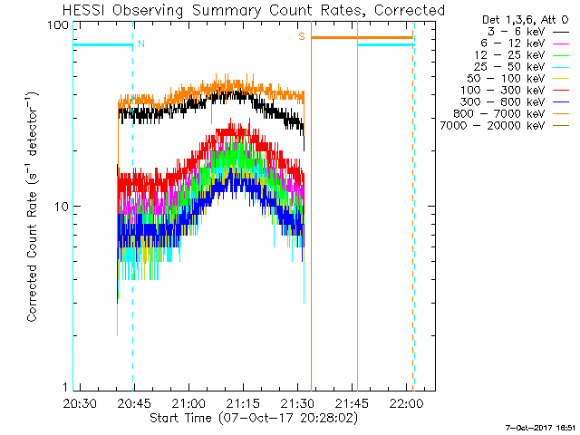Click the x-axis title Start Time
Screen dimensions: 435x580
point(254,418)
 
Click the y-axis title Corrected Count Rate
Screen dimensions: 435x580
point(33,207)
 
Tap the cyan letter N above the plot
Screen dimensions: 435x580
point(140,43)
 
